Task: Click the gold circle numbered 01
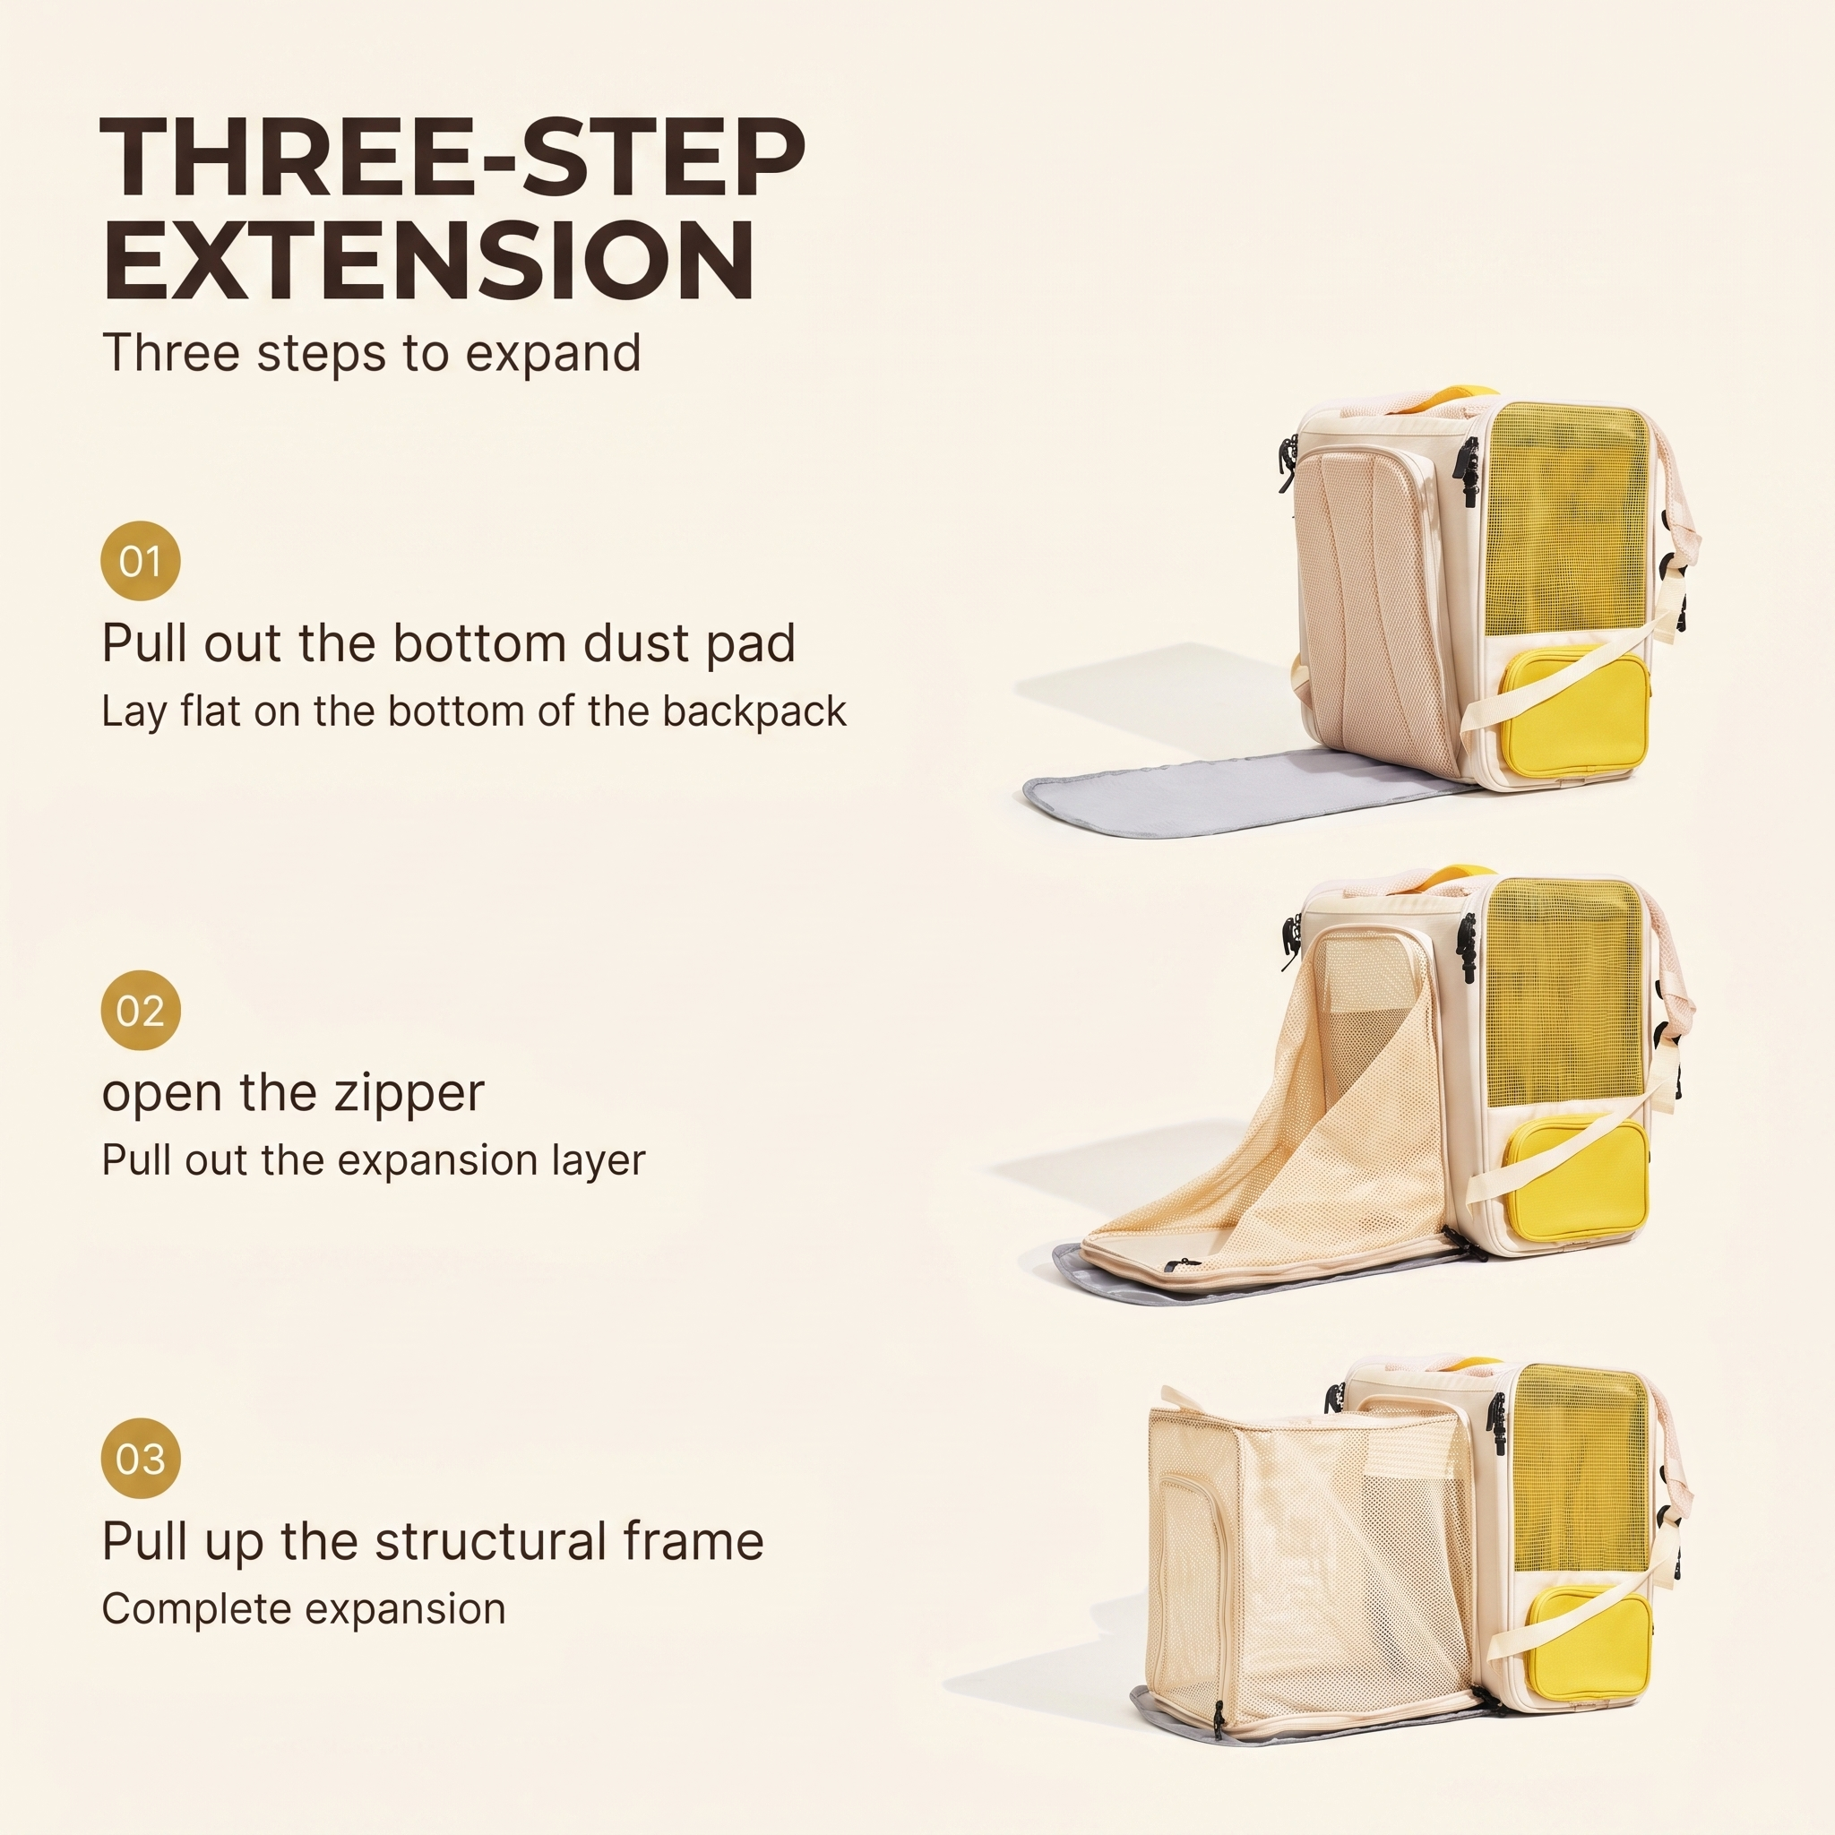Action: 141,561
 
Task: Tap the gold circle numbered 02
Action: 141,1011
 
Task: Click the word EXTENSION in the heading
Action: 428,259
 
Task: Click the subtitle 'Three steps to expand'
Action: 371,353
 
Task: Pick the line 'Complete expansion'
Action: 304,1609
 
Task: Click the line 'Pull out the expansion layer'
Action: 374,1160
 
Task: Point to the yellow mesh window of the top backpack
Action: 1564,521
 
